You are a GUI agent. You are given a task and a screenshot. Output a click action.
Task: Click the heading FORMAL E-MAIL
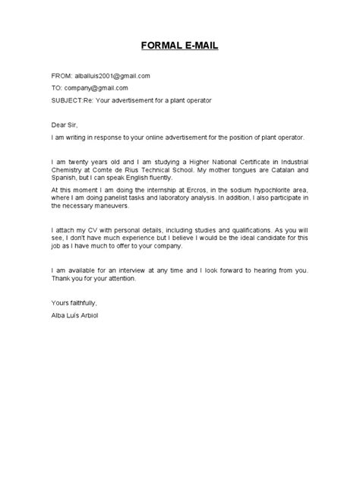click(179, 46)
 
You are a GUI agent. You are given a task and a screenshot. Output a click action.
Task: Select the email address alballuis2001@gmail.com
click(112, 76)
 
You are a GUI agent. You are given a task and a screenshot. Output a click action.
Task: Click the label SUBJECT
click(68, 100)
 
